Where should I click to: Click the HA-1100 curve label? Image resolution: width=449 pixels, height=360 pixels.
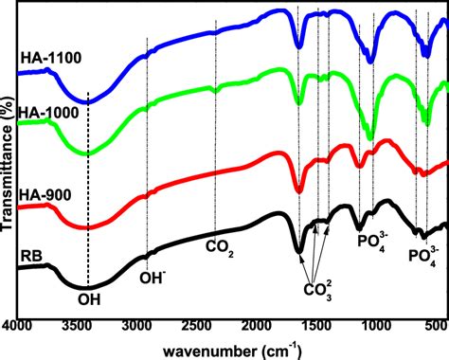50,58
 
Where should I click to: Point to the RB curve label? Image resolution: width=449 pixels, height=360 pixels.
30,253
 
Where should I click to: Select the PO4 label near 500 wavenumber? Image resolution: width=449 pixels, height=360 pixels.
423,255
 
